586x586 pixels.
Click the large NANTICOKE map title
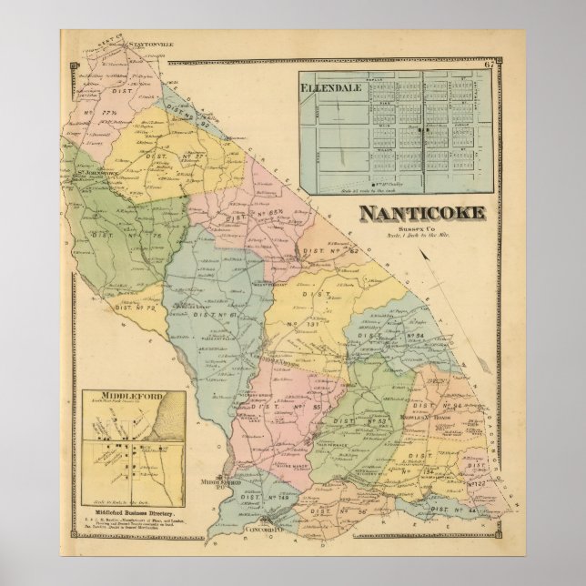[x=420, y=215]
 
